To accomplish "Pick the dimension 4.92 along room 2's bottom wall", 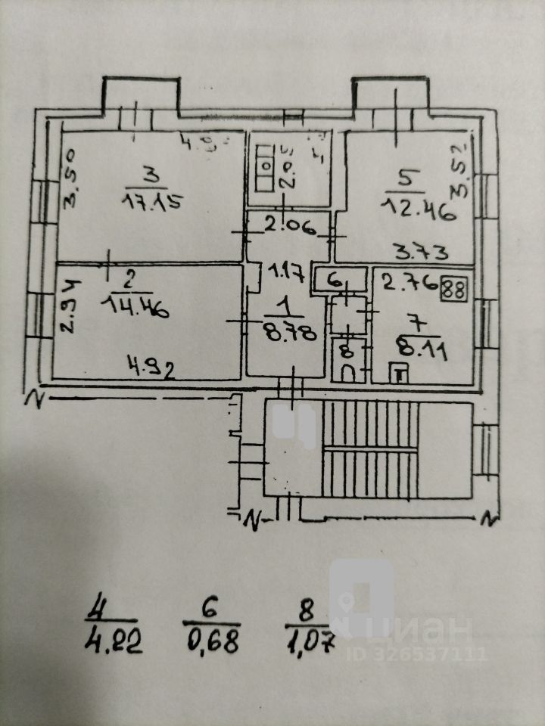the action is click(x=151, y=370).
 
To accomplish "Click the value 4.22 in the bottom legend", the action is click(x=113, y=642).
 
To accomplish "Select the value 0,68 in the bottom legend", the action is click(x=213, y=642).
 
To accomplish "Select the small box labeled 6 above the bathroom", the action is click(x=332, y=279).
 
